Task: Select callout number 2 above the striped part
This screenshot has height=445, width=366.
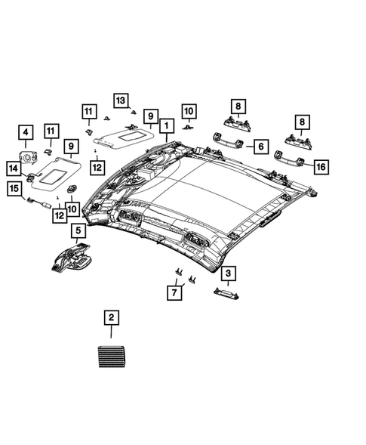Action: click(x=111, y=317)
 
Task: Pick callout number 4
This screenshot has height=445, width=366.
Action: click(x=26, y=135)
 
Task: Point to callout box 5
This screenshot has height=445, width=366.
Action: click(x=77, y=230)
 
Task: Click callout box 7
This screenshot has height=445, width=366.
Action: click(x=174, y=290)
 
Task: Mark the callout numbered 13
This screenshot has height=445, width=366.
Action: click(x=121, y=100)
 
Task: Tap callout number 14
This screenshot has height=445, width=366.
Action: click(x=14, y=167)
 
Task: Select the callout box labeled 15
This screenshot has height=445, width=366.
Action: click(x=14, y=189)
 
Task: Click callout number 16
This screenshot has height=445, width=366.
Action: click(x=321, y=166)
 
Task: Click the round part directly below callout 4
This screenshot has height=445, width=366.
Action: click(x=28, y=158)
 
